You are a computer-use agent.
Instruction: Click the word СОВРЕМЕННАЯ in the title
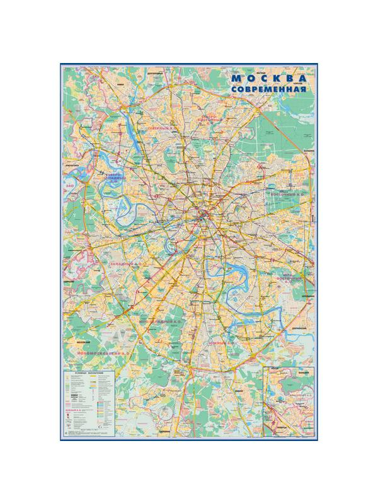[269, 90]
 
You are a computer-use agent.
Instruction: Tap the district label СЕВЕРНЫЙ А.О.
[161, 129]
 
